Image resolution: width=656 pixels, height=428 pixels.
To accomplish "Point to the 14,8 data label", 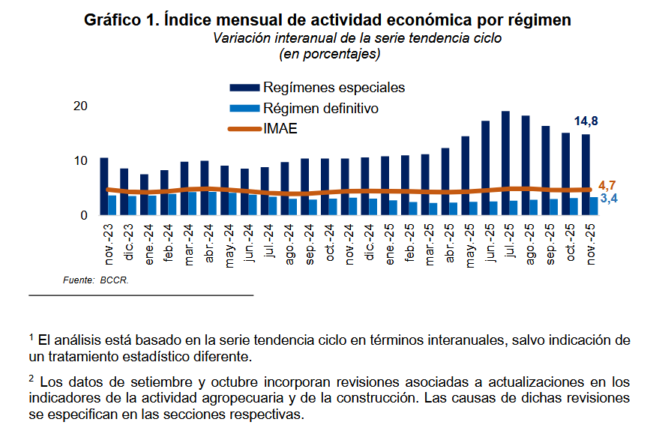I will [x=586, y=121].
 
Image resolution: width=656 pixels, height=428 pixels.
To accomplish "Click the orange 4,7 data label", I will [x=608, y=185].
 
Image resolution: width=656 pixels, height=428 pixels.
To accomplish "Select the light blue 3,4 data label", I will [x=608, y=199].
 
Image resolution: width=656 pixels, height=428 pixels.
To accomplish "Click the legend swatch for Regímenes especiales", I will [x=244, y=88].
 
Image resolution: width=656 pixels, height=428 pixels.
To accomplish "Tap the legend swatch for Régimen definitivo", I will [x=244, y=109].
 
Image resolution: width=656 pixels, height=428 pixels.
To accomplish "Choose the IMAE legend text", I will [x=280, y=129].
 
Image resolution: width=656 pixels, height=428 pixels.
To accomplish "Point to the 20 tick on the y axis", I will [x=81, y=106].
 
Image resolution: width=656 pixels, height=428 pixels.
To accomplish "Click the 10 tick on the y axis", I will [x=81, y=161].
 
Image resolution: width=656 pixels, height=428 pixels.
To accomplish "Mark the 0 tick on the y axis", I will [x=84, y=216].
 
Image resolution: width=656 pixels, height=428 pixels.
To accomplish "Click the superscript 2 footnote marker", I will [x=32, y=378].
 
